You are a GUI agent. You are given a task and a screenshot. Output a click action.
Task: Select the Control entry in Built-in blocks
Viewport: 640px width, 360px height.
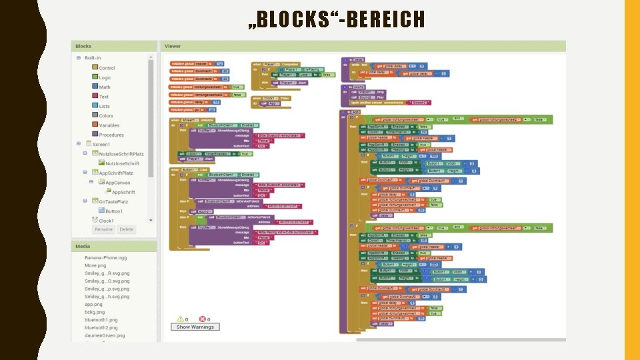107,68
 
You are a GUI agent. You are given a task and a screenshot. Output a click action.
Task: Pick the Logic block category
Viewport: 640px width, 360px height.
105,77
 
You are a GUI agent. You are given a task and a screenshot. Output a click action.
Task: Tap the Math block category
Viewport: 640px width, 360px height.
105,87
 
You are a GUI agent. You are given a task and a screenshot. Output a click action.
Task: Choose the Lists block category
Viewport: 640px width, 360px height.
105,106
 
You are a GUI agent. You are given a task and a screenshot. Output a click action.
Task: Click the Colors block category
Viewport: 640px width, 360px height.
106,115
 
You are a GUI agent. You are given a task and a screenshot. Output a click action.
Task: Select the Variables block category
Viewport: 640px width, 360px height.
109,125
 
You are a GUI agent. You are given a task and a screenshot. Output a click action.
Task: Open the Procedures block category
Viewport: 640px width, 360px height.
111,135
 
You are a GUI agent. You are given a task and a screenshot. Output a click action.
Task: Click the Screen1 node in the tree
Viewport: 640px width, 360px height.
101,144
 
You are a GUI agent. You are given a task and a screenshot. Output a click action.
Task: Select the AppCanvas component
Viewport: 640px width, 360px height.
118,182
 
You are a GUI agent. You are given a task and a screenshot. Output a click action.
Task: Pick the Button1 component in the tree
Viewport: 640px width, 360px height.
114,211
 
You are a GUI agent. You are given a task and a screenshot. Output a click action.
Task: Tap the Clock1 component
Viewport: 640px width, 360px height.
107,221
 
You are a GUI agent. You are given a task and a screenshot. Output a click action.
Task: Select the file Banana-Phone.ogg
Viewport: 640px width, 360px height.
105,257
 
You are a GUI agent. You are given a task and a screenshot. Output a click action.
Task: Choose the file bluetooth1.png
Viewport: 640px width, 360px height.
101,320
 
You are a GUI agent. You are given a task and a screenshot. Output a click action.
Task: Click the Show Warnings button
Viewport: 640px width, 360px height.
195,327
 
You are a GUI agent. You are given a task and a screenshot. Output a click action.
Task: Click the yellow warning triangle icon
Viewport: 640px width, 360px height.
179,319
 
